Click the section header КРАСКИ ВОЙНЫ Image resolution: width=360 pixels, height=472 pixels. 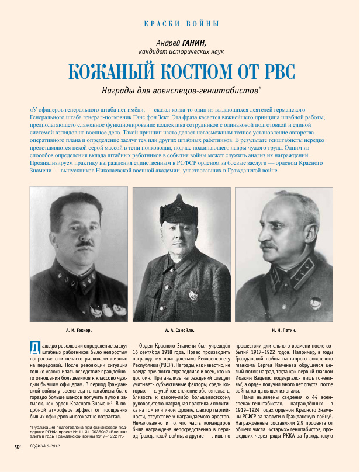(181, 24)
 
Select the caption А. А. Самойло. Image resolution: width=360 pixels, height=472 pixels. (181, 330)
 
